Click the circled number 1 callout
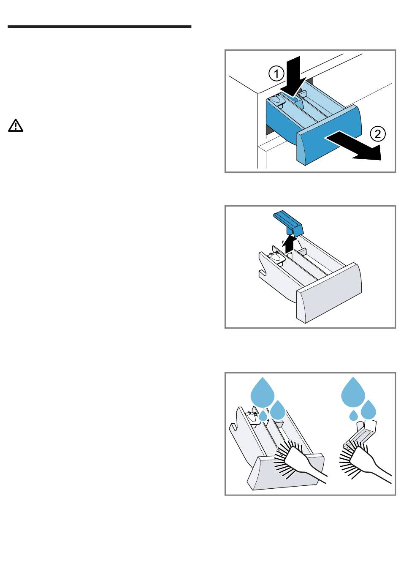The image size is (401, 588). (276, 74)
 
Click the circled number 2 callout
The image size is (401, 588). (378, 134)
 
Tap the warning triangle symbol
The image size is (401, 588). (16, 125)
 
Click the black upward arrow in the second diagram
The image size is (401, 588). (290, 244)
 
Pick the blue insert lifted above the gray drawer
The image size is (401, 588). (288, 223)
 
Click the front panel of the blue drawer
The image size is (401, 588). (329, 135)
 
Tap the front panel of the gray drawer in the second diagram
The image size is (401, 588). (329, 293)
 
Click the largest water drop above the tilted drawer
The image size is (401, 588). (263, 393)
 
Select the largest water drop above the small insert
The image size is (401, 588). (353, 392)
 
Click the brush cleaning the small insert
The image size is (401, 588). (362, 462)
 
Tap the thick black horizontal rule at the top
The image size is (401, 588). (99, 27)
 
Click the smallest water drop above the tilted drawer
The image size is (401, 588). (263, 416)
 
